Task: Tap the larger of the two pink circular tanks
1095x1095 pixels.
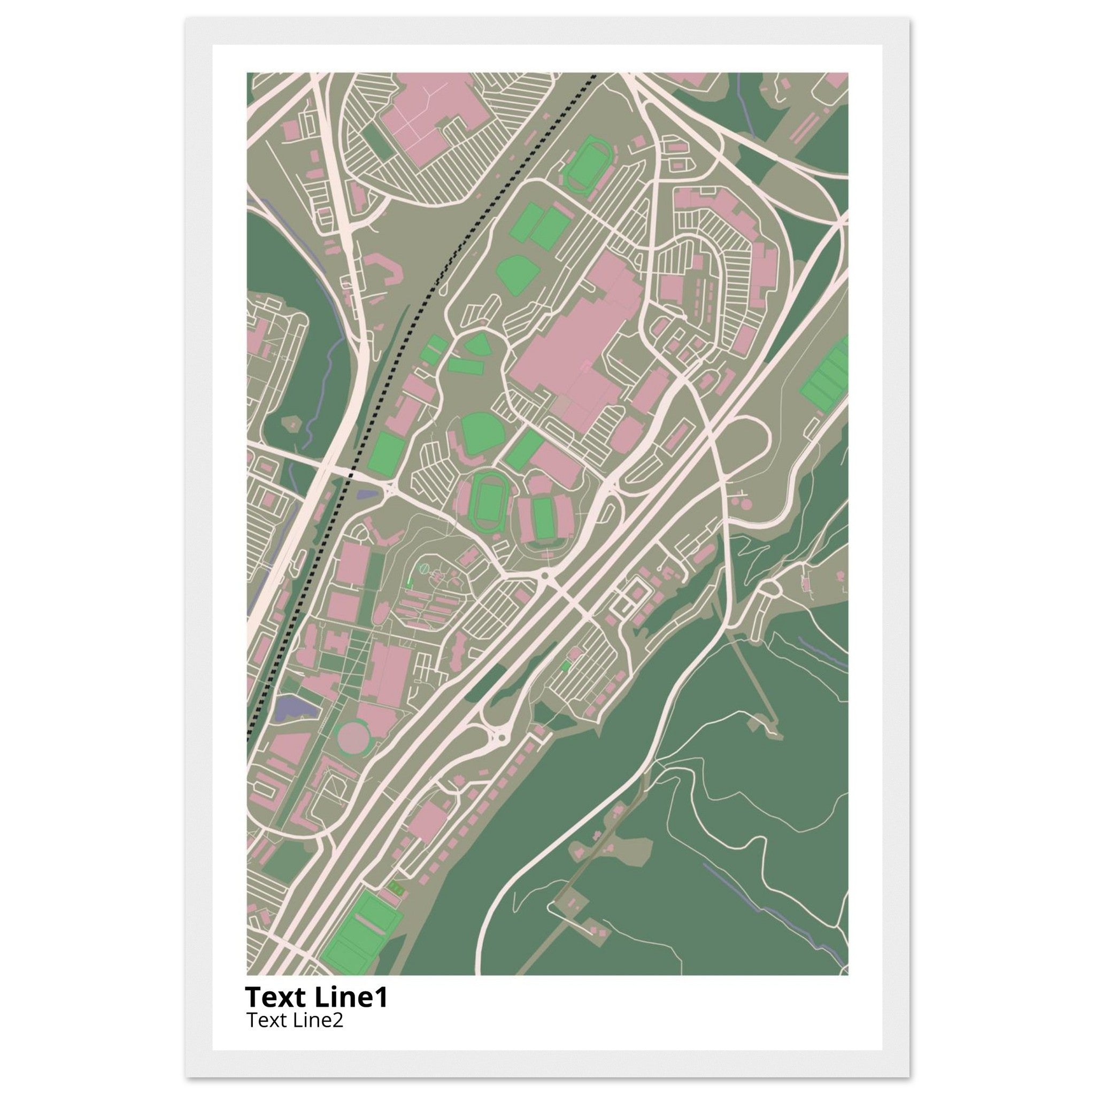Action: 746,503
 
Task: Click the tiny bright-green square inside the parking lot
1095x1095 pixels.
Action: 565,667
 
